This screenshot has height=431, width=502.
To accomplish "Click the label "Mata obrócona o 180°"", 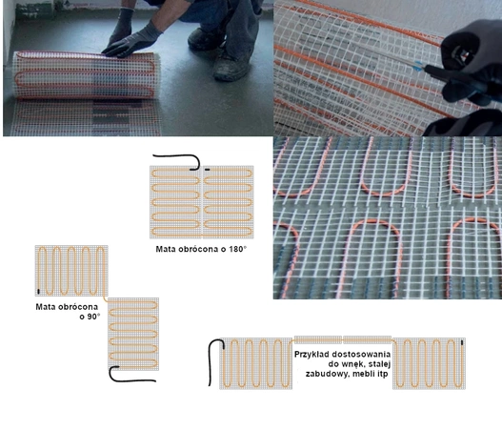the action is coord(201,249).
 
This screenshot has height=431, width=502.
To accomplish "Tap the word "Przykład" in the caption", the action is coord(311,355).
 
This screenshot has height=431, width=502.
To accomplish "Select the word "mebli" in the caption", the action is coord(362,374).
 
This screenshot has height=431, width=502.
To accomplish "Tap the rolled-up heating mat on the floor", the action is coord(87,75).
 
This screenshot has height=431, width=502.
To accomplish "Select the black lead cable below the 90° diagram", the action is coord(130,379).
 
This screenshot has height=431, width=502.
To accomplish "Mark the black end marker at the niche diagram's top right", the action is coord(462,342).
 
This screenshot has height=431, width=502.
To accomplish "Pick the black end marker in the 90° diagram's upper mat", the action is coord(39,291).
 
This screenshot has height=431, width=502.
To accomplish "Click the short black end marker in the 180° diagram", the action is coord(208,169).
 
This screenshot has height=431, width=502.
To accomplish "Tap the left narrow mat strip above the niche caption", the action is coord(318,339).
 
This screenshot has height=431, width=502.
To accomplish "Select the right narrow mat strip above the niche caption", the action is coord(368,339).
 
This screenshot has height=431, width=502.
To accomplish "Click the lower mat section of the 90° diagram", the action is coord(133,334).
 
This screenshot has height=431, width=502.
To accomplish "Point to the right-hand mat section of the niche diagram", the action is coord(429,363).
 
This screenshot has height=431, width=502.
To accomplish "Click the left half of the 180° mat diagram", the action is coord(176,202).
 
